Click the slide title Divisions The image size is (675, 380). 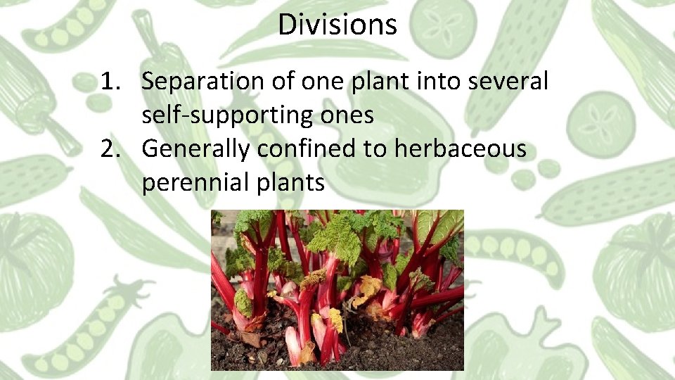337,25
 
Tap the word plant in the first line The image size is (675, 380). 373,82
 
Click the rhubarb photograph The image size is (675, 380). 337,290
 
